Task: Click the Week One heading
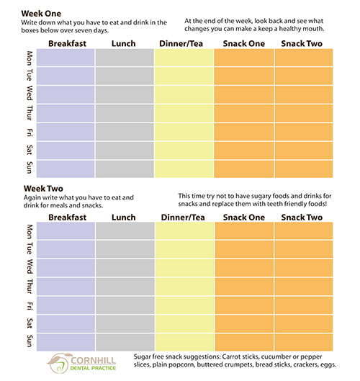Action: click(x=41, y=14)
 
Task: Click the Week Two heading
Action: click(x=43, y=188)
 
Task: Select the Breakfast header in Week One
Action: click(x=67, y=43)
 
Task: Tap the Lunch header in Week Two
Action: click(x=123, y=218)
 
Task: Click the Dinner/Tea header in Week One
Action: click(x=181, y=43)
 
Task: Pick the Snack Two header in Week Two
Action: click(x=302, y=218)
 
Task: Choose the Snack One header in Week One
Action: click(x=243, y=43)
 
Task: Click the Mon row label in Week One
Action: click(x=30, y=58)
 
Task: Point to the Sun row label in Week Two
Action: click(x=30, y=341)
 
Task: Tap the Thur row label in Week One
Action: click(x=30, y=113)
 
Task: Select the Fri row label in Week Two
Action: click(x=30, y=306)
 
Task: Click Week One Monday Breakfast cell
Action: click(x=66, y=58)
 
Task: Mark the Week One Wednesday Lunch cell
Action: click(x=125, y=94)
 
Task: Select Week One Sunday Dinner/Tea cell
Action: click(x=184, y=169)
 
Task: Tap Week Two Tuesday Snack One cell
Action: click(x=244, y=249)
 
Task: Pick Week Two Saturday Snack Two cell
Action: click(x=304, y=324)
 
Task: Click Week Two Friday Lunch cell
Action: click(x=125, y=305)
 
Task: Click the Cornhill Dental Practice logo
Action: click(x=81, y=363)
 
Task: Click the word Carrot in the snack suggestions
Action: click(x=233, y=357)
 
